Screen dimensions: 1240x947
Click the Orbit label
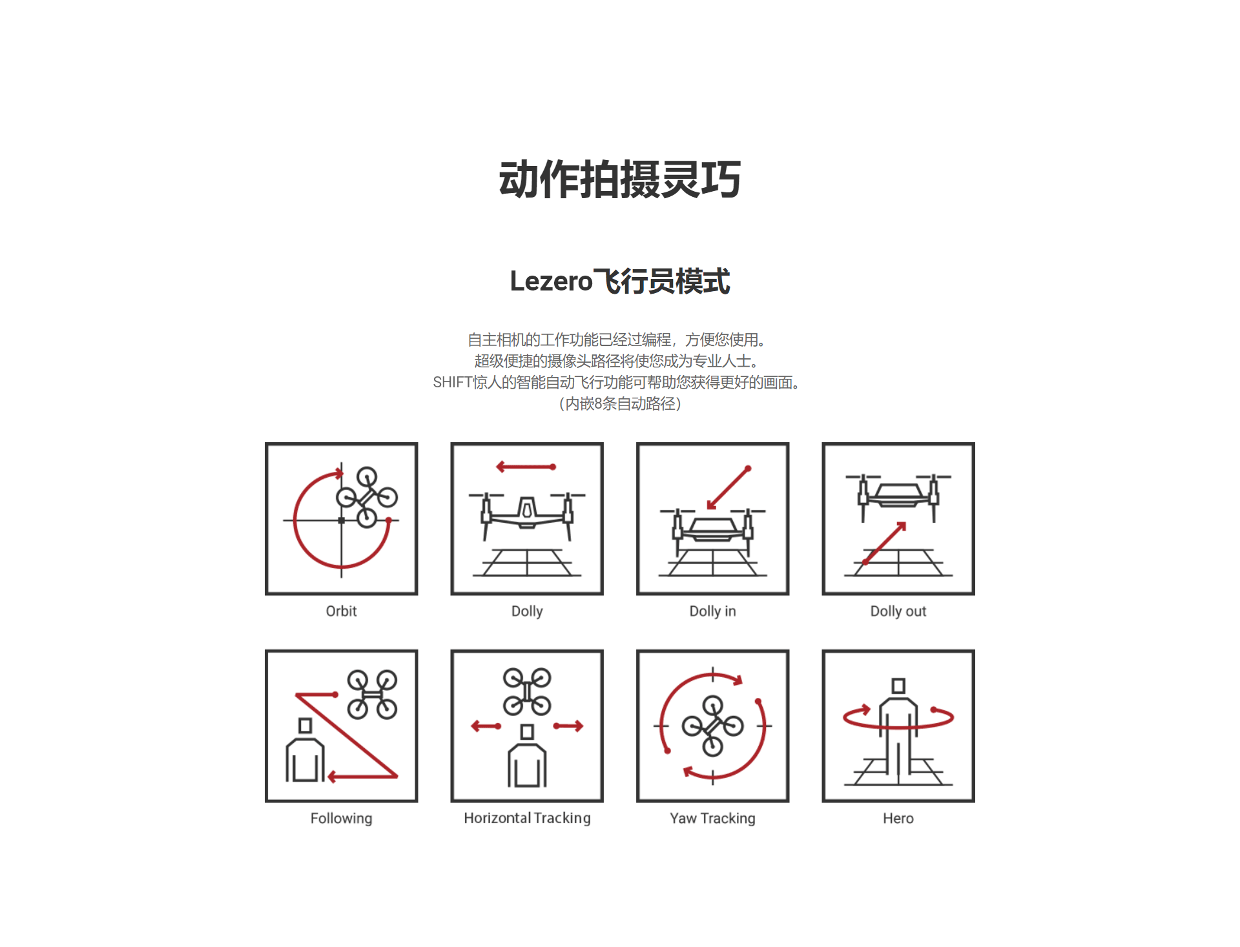pos(341,611)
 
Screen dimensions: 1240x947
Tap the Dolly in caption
pos(712,611)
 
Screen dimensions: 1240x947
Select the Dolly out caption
pos(898,611)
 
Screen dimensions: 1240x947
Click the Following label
pos(341,818)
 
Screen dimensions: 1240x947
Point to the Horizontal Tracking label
pos(527,818)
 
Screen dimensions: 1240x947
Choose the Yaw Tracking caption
pos(712,818)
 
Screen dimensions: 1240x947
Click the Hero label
pos(898,818)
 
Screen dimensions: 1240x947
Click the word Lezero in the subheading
pos(551,281)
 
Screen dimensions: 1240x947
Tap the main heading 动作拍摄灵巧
pos(620,179)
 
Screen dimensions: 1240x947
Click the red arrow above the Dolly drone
pos(526,467)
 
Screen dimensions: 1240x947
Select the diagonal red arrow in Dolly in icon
pos(728,489)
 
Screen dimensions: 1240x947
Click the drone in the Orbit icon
pos(367,497)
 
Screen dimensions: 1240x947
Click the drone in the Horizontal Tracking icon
pos(527,691)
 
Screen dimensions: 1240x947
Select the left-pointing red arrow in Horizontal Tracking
pos(486,726)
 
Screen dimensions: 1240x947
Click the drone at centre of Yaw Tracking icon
pos(712,726)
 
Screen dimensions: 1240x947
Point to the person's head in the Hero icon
pos(898,686)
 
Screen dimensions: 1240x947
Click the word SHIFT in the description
pos(452,382)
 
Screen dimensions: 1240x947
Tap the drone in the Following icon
pos(372,695)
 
